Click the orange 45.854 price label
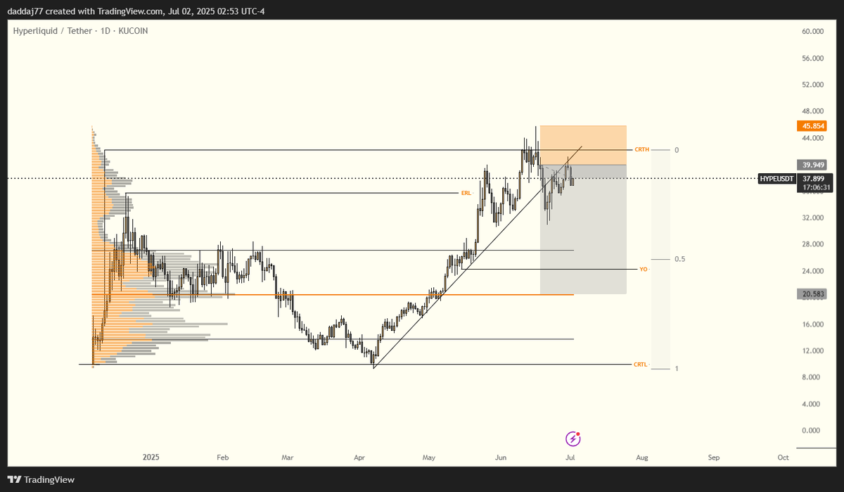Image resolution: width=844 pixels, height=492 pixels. click(811, 126)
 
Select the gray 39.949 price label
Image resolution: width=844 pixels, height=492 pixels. click(811, 165)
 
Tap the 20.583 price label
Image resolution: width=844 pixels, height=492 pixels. click(811, 293)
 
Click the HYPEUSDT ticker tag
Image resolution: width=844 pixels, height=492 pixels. click(778, 179)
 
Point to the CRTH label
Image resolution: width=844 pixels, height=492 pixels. click(641, 150)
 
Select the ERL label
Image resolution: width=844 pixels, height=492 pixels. click(466, 193)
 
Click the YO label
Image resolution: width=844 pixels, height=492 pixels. click(643, 270)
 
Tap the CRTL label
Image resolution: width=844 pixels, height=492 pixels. click(640, 365)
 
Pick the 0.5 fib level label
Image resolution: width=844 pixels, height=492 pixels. click(680, 259)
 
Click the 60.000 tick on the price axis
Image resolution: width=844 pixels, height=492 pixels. click(812, 32)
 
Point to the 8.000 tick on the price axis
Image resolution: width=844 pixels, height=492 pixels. click(812, 377)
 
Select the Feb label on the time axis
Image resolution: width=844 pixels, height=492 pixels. click(223, 458)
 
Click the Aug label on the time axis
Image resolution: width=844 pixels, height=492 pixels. click(642, 458)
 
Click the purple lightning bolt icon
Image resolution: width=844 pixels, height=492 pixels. click(573, 439)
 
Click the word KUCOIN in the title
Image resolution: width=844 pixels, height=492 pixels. click(133, 31)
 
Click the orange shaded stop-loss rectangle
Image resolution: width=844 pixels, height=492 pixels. click(583, 144)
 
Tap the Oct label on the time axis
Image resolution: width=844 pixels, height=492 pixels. click(783, 458)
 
